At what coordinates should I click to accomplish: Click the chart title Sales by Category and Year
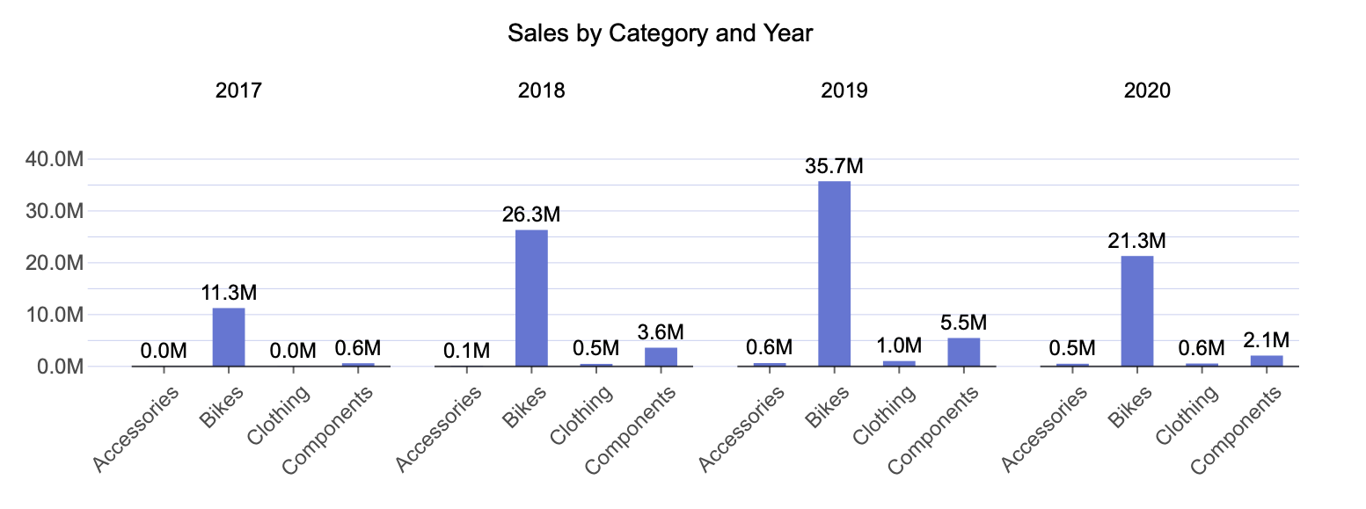pos(661,34)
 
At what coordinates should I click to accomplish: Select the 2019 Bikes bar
pos(834,273)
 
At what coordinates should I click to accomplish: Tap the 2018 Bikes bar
pos(531,297)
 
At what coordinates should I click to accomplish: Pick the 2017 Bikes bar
pos(229,336)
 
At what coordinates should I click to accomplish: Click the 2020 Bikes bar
pos(1136,310)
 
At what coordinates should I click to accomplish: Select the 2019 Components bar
pos(963,352)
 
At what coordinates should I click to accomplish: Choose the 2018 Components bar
pos(661,356)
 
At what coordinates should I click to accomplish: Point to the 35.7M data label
pos(834,167)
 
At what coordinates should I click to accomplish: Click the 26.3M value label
pos(531,215)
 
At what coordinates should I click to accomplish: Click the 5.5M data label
pos(963,324)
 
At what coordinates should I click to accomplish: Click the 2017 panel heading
pos(238,91)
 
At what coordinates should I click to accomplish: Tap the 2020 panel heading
pos(1147,91)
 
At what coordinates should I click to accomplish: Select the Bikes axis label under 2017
pos(215,407)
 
